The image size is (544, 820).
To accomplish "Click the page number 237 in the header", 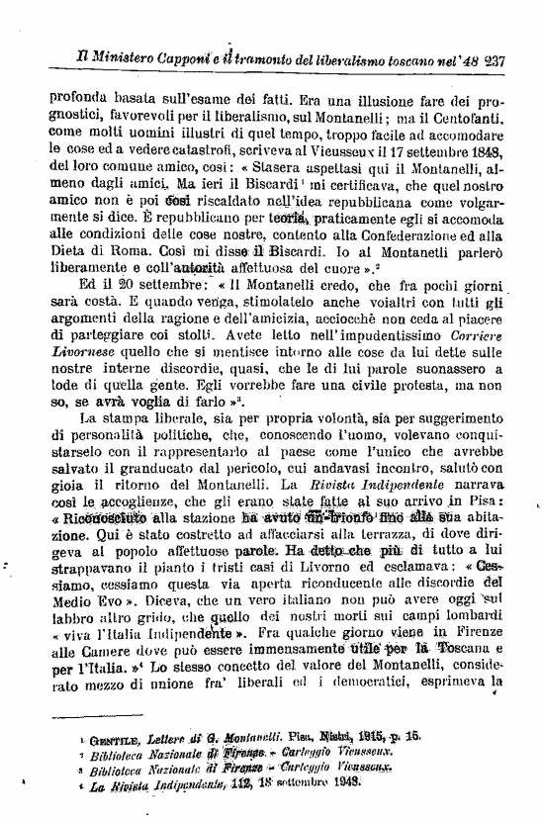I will tap(492, 58).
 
